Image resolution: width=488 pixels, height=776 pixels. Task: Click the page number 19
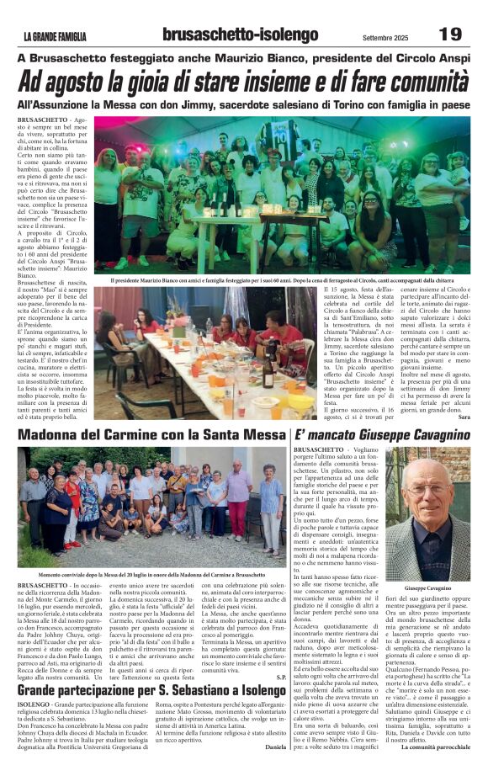click(450, 34)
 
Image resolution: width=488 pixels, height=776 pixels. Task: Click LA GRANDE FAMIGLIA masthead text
click(56, 36)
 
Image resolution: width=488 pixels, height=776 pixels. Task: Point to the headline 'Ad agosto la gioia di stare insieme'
click(243, 82)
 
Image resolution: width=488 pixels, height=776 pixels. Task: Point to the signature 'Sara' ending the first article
click(464, 417)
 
